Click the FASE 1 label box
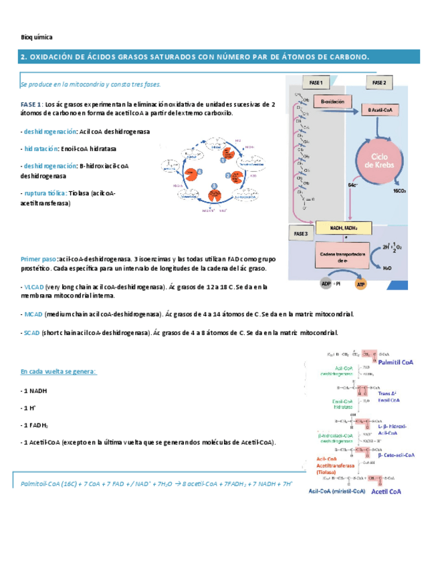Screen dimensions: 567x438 coord(316,83)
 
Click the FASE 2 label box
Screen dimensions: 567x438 coord(379,83)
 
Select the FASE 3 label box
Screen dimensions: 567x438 coord(300,233)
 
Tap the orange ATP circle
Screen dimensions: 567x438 coord(361,284)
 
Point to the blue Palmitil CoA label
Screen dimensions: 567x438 coord(396,362)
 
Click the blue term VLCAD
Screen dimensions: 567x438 coord(31,287)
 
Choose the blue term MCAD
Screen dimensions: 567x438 coord(31,314)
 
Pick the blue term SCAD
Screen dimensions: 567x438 coord(30,333)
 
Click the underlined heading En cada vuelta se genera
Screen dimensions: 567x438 coord(59,371)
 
